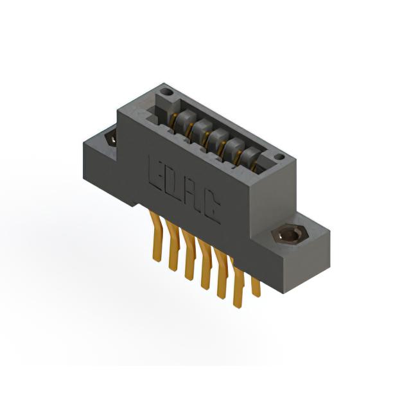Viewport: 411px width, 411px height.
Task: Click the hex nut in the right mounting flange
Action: (x=288, y=236)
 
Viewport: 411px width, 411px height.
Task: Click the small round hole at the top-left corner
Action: (x=166, y=92)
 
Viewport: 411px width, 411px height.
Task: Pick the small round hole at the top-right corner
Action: (x=279, y=157)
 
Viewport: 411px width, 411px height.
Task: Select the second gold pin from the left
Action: (x=172, y=245)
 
